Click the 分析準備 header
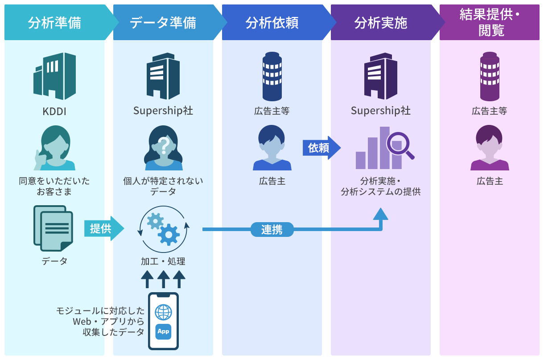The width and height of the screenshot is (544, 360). (x=54, y=23)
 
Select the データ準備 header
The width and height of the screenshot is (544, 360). (x=163, y=23)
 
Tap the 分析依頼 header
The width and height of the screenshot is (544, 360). (x=272, y=23)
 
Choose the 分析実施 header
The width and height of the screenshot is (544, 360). (x=381, y=23)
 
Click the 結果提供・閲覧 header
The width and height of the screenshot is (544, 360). (x=489, y=23)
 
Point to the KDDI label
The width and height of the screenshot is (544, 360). (x=54, y=111)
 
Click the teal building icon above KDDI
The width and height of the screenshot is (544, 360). (x=55, y=76)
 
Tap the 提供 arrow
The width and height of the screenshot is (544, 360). (x=104, y=228)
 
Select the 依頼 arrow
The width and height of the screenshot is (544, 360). (x=321, y=148)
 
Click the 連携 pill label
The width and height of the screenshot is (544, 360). (x=272, y=229)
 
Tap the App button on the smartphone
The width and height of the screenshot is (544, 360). (x=163, y=331)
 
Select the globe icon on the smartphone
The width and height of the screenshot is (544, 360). (x=163, y=312)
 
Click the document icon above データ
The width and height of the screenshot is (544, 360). (x=53, y=228)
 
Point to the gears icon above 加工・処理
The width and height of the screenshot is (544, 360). (x=164, y=229)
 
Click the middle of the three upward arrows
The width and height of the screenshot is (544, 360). (x=164, y=279)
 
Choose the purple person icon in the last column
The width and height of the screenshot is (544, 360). (x=489, y=148)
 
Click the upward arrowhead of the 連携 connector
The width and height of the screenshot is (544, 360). (x=380, y=214)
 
